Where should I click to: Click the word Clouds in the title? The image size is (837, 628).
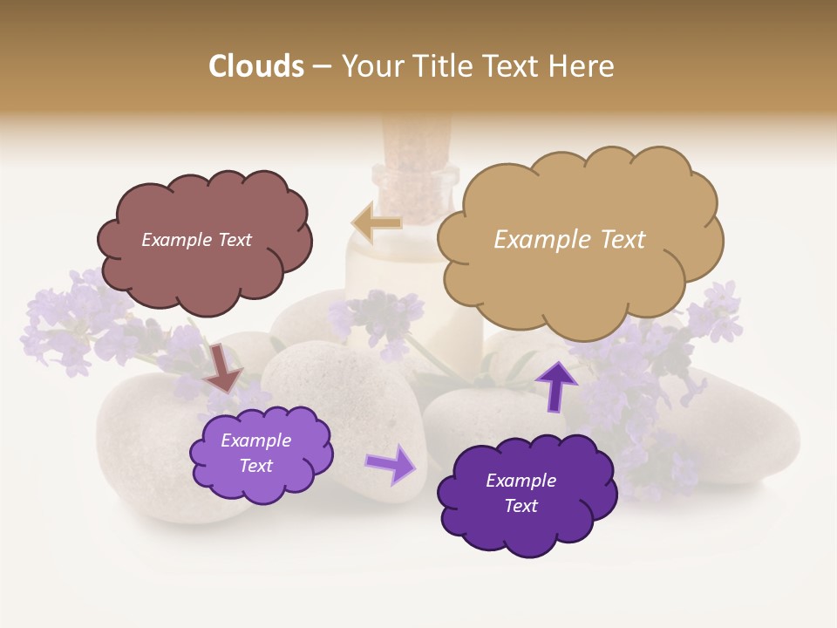tap(255, 66)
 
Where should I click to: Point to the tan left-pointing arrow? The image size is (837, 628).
tap(376, 223)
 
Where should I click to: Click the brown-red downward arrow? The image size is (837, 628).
tap(223, 366)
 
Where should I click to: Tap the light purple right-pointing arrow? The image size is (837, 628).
tap(391, 464)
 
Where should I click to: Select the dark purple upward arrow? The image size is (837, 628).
tap(556, 386)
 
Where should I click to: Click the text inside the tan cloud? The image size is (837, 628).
tap(569, 240)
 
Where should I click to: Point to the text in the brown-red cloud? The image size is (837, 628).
tap(196, 240)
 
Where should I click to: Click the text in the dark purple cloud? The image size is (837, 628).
tap(521, 493)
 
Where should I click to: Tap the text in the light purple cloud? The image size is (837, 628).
tap(255, 453)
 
